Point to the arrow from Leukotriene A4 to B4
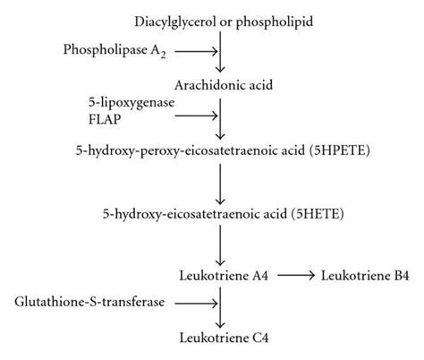294,276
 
